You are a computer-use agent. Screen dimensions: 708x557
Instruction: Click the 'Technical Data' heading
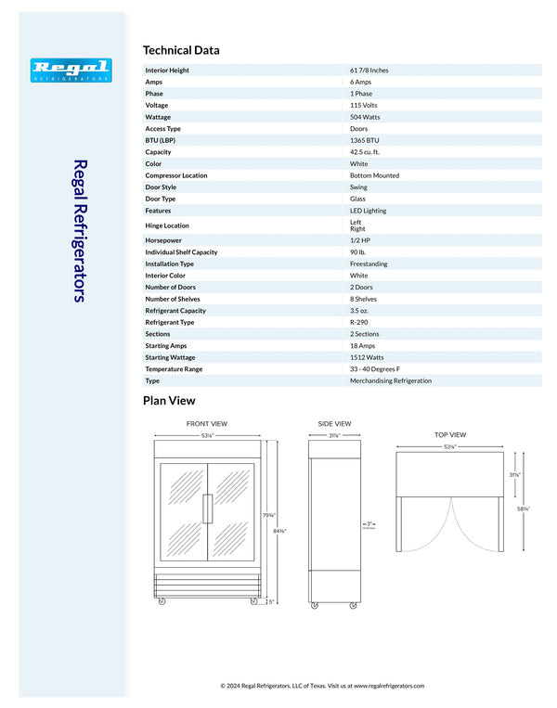coord(181,50)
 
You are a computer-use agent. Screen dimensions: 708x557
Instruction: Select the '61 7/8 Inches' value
coord(369,71)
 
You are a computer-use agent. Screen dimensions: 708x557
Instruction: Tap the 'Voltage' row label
coord(158,106)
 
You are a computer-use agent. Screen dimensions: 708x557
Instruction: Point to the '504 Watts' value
coord(366,117)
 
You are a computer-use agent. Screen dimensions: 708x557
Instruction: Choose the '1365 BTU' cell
coord(365,140)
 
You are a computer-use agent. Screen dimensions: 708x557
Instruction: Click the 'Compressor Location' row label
coord(176,175)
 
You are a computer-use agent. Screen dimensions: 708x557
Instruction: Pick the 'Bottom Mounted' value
coord(374,175)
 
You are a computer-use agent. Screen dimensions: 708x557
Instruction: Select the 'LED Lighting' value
coord(368,211)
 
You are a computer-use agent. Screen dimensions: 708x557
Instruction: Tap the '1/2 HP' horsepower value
coord(360,240)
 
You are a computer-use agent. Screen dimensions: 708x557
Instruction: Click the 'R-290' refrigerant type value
coord(360,322)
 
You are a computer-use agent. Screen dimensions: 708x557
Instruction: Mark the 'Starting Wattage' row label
coord(172,357)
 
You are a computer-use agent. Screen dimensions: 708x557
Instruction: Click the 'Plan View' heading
coord(169,401)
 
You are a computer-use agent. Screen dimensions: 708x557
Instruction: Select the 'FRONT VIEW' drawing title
coord(207,424)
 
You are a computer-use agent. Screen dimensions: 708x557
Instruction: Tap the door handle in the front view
coord(211,509)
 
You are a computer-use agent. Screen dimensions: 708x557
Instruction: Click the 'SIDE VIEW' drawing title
coord(334,424)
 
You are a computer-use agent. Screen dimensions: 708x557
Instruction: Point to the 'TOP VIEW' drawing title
coord(450,434)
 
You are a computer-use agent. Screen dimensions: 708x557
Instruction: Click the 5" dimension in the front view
coord(270,601)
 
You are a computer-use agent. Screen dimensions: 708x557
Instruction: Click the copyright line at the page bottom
coord(321,686)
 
